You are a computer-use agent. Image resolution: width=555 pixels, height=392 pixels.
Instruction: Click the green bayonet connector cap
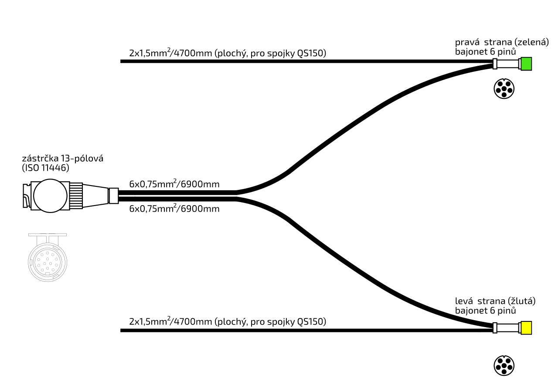click(x=526, y=64)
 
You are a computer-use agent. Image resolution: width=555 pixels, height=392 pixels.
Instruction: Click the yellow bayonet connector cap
click(x=526, y=328)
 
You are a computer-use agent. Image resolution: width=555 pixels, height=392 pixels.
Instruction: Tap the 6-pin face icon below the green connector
click(x=504, y=89)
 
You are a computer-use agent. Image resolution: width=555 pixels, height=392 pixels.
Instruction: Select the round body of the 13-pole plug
click(x=50, y=196)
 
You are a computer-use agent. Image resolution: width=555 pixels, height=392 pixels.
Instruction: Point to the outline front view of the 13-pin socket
click(x=47, y=260)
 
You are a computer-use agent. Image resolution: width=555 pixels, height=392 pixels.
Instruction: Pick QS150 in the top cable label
click(x=311, y=53)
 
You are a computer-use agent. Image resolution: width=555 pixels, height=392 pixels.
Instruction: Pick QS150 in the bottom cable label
click(x=311, y=322)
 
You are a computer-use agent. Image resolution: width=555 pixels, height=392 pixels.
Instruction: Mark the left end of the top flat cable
click(x=122, y=61)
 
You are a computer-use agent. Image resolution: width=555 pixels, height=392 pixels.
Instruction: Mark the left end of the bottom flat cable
click(x=122, y=331)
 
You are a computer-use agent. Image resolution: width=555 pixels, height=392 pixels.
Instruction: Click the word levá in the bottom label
click(x=465, y=301)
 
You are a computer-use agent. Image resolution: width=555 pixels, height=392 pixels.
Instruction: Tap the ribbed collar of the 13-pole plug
click(x=76, y=196)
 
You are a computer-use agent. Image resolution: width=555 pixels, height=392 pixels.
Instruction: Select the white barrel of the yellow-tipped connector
click(x=508, y=328)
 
